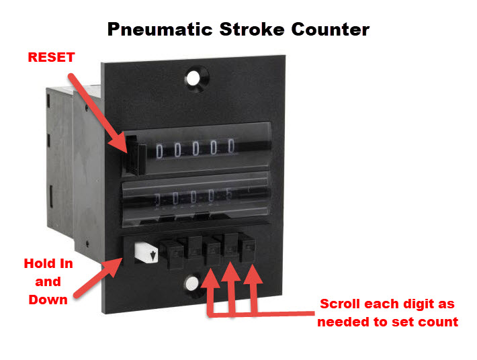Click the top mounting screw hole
pos(194,77)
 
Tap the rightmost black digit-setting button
pos(251,251)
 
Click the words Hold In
pos(48,264)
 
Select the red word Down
pos(48,299)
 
